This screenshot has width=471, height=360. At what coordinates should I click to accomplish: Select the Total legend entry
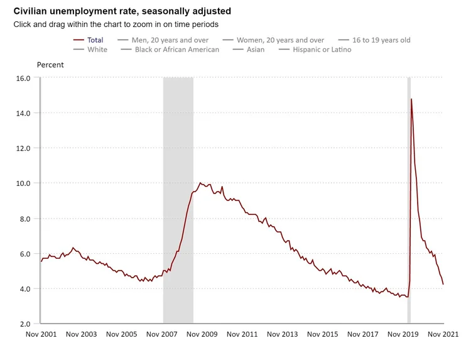point(95,40)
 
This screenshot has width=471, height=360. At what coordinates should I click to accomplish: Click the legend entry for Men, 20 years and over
point(170,40)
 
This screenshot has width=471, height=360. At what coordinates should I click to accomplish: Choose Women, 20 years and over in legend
point(280,40)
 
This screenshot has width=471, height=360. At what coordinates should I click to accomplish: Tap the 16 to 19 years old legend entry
point(381,40)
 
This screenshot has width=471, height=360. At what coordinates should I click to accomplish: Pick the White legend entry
point(97,50)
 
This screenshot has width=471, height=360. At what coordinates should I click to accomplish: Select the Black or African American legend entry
point(176,50)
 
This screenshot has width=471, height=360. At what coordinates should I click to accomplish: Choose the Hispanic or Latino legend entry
point(322,50)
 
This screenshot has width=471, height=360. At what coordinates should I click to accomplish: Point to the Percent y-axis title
point(50,65)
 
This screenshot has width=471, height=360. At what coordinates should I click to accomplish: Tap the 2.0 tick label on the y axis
point(24,324)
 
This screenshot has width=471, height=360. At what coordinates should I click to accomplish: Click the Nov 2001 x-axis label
point(41,334)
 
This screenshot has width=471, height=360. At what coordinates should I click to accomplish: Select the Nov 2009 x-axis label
point(202,334)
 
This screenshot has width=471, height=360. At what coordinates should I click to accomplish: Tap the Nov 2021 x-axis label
point(443,334)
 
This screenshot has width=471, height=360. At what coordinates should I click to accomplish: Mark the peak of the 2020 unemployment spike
point(411,99)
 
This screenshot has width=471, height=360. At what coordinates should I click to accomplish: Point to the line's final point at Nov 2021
point(443,284)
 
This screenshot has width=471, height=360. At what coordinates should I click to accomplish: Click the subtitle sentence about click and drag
point(116,25)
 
